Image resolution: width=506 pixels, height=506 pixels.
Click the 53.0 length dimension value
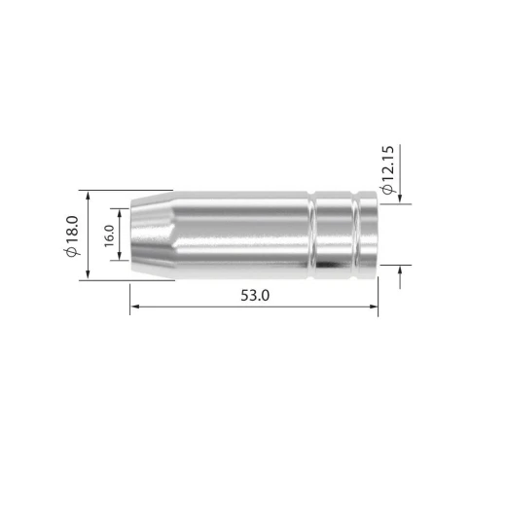pyautogui.click(x=255, y=296)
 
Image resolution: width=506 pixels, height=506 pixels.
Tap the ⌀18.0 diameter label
pyautogui.click(x=72, y=235)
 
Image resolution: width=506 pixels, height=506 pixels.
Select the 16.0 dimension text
pyautogui.click(x=110, y=235)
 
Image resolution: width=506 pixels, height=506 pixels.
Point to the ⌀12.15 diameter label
pyautogui.click(x=388, y=170)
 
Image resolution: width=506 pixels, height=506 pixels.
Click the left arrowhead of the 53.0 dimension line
pyautogui.click(x=135, y=307)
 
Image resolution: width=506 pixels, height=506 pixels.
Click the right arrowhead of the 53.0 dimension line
pyautogui.click(x=374, y=307)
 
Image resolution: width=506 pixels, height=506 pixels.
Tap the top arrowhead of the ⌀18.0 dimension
pyautogui.click(x=88, y=196)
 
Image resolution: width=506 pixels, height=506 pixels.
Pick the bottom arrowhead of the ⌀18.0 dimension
pyautogui.click(x=88, y=274)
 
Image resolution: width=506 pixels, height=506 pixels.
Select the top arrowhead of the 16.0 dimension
pyautogui.click(x=120, y=213)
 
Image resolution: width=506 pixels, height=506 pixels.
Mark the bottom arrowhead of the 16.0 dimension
pyautogui.click(x=120, y=256)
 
